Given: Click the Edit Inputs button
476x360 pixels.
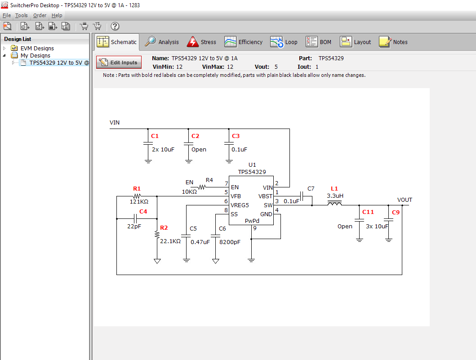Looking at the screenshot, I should [x=119, y=62].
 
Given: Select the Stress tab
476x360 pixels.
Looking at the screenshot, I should [x=201, y=42].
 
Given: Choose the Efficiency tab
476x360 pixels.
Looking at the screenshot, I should [x=244, y=42].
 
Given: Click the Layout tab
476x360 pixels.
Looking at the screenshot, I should [x=356, y=42].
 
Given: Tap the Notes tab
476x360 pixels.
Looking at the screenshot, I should [x=393, y=42].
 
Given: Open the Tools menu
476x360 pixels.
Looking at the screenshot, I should [x=21, y=15].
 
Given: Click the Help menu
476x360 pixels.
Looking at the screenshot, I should [x=57, y=15].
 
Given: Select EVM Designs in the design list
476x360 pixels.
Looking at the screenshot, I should [x=37, y=48].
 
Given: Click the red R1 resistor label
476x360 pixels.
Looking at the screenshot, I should [x=137, y=188].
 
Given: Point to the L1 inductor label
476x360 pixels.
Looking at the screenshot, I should [x=334, y=188].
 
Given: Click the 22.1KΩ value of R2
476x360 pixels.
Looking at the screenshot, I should [x=170, y=241].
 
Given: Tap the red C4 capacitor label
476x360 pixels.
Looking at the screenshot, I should [x=143, y=211].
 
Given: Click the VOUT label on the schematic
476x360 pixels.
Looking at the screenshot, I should [x=405, y=200].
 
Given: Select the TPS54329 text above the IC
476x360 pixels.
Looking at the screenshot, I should [x=252, y=172].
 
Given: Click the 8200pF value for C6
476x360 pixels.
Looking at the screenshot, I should [x=230, y=241].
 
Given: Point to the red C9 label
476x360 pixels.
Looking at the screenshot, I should [x=396, y=212].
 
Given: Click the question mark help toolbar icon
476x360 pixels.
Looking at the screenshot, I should [x=115, y=27].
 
